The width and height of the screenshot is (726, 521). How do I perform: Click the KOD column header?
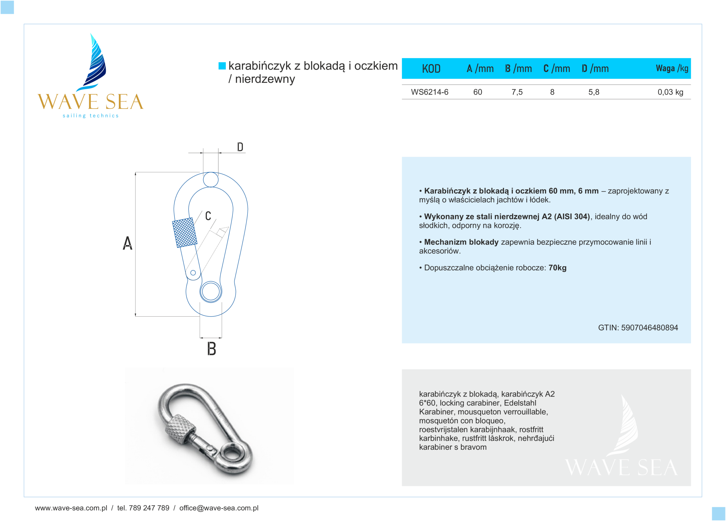tap(431, 68)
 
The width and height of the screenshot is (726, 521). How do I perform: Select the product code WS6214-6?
tap(429, 92)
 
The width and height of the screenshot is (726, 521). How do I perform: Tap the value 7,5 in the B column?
tap(517, 92)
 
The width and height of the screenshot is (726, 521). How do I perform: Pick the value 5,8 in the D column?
tap(594, 92)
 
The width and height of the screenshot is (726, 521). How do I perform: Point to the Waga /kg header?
tap(672, 68)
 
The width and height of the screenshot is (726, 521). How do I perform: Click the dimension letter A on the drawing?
tap(127, 243)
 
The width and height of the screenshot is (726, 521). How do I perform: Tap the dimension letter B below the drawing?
tap(211, 349)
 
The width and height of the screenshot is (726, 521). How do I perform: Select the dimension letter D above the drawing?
tap(240, 147)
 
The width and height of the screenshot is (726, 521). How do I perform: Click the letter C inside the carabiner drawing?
tap(208, 216)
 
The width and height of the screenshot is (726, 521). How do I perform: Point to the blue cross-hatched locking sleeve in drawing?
tap(185, 232)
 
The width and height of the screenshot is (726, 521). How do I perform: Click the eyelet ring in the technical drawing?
tap(211, 292)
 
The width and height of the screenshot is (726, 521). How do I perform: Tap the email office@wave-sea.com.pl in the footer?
tap(219, 508)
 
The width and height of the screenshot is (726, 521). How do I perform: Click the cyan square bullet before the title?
tap(222, 66)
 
